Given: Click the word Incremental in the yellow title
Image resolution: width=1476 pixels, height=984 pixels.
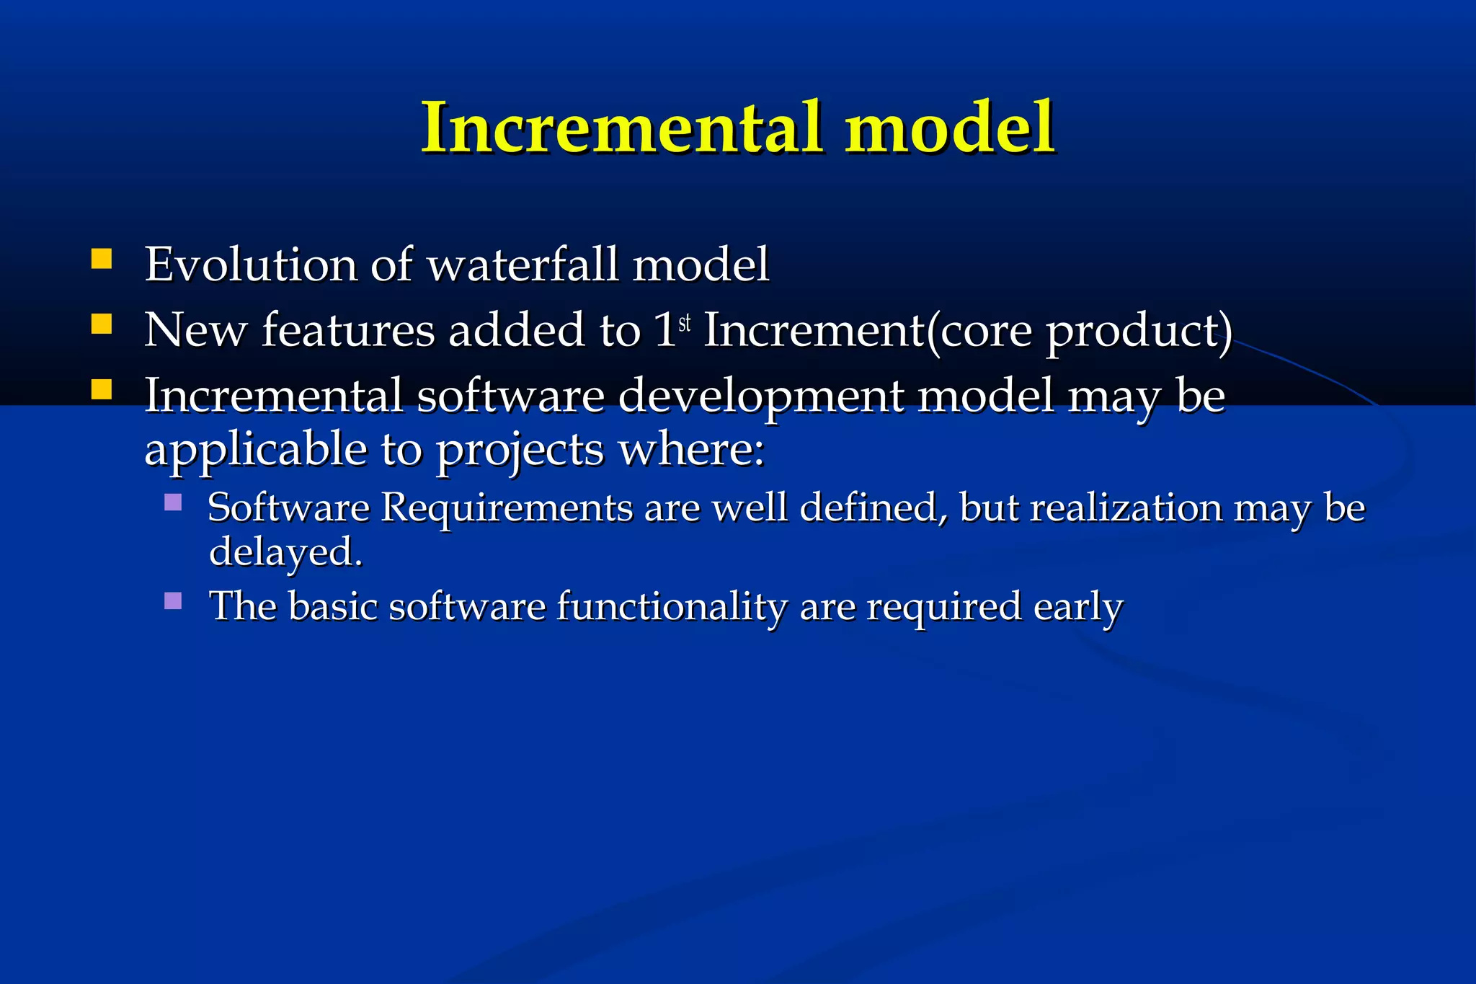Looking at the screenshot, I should coord(621,128).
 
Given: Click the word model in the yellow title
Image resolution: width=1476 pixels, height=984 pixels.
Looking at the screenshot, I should coord(950,128).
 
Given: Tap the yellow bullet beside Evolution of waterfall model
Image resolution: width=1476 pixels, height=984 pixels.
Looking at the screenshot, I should coord(102,259).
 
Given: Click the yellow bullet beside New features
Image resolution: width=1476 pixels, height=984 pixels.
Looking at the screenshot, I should coord(102,324).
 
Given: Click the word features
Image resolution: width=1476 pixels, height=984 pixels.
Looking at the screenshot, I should coord(348,330).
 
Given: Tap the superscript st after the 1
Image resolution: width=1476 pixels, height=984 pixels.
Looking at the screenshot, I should coord(685,323).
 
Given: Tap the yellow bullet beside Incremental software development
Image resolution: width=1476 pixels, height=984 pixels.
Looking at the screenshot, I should coord(102,390).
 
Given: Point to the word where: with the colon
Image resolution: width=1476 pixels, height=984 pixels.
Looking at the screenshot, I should coord(691,450).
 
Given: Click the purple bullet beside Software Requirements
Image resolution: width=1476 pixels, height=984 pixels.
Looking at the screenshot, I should coord(173,502).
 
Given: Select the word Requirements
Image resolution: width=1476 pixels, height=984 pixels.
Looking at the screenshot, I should coord(507,507).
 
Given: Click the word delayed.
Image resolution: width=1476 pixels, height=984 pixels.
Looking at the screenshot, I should coord(285,552).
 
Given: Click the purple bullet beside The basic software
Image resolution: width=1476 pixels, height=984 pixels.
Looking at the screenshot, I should coord(173,600).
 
